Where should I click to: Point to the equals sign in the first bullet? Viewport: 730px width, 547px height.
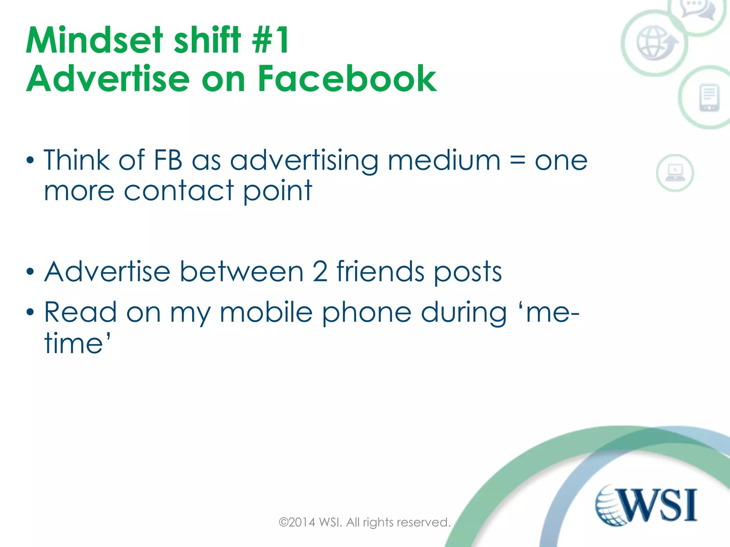[x=518, y=161]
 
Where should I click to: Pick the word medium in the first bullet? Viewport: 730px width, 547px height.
[x=444, y=161]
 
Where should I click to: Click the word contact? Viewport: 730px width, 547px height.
[x=179, y=191]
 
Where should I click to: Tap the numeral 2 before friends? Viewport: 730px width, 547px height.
[x=320, y=272]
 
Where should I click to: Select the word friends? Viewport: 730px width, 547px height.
[x=380, y=272]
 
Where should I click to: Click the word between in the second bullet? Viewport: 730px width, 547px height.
[x=242, y=272]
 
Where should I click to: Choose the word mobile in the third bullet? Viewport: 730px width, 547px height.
[x=266, y=312]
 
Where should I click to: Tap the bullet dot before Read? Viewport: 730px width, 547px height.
[x=30, y=312]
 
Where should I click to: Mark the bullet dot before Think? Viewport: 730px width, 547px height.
[x=30, y=161]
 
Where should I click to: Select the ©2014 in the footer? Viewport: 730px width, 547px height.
[x=297, y=522]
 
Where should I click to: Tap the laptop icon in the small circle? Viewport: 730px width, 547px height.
[x=675, y=173]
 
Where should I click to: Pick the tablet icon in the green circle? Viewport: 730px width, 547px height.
[x=709, y=98]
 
